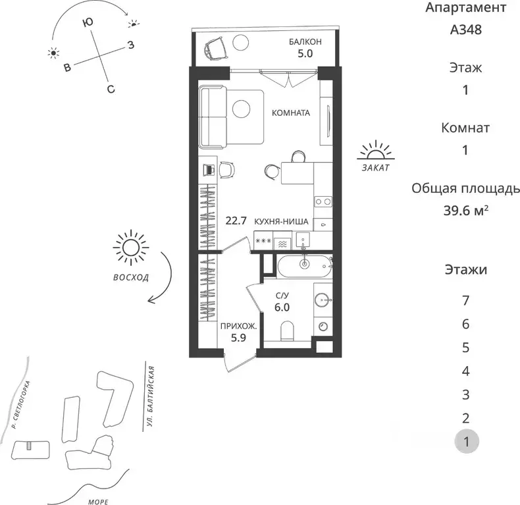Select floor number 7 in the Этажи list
pos(466,301)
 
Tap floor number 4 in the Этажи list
pos(466,371)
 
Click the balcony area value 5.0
pos(305,55)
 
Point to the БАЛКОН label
pos(305,42)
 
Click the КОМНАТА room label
pos(291,113)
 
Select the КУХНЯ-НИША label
pos(282,223)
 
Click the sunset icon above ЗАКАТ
pos(375,151)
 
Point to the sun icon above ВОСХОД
pos(130,249)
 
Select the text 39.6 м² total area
pos(466,211)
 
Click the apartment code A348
pos(466,30)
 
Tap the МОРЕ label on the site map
pos(99,501)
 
